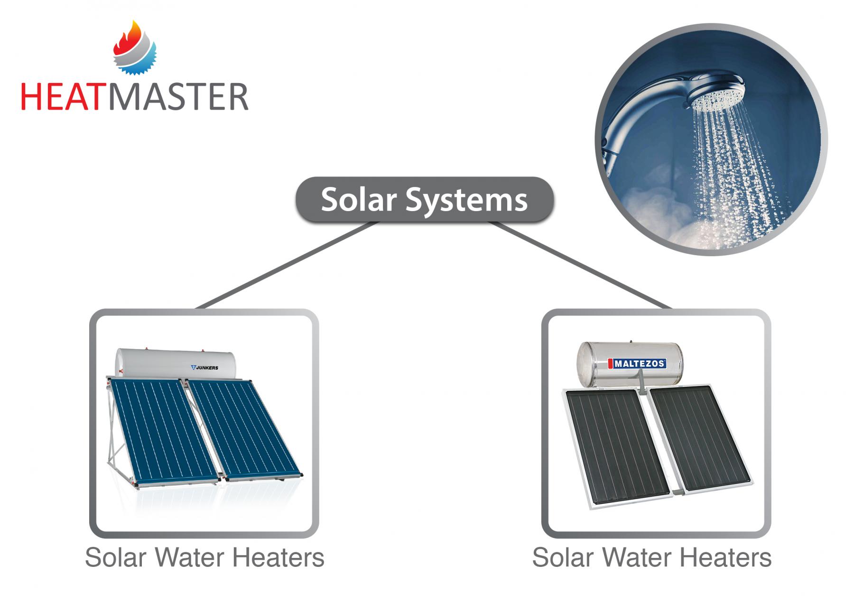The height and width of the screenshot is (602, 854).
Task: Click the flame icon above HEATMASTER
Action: (135, 48)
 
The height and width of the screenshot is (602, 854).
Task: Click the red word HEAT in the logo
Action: (61, 97)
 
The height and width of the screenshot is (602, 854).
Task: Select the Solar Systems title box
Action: (425, 200)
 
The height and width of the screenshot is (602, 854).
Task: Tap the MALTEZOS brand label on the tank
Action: (637, 364)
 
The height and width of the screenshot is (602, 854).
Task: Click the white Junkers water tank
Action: (176, 364)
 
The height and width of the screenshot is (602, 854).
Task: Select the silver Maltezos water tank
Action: (630, 364)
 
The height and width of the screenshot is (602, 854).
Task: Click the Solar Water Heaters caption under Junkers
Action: (204, 557)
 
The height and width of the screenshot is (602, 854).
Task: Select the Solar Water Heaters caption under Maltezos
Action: (651, 557)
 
